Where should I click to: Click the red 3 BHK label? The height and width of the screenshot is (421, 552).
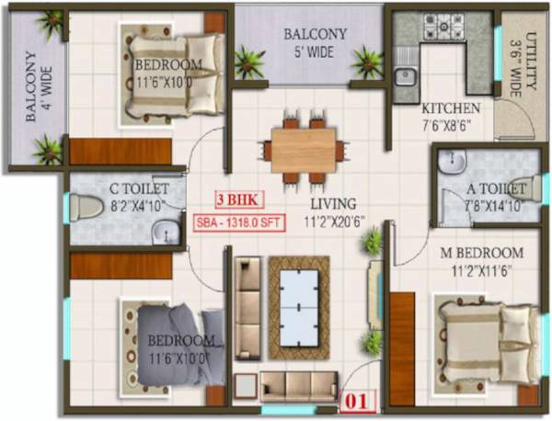click(x=235, y=198)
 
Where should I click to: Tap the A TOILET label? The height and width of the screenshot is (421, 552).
click(x=498, y=188)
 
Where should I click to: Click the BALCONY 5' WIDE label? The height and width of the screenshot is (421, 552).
click(x=315, y=41)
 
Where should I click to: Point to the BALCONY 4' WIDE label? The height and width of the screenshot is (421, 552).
click(x=35, y=90)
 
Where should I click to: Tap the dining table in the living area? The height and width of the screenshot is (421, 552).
click(x=304, y=147)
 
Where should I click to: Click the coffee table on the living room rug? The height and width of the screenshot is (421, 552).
click(x=299, y=307)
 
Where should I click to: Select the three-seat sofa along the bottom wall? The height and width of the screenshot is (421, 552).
click(x=286, y=383)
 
